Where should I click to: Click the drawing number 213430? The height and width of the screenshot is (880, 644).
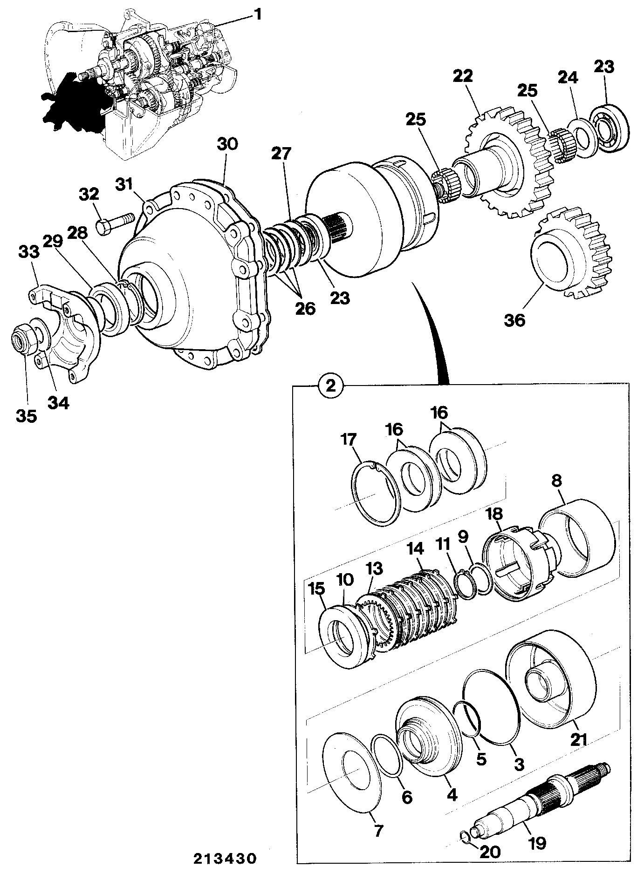(225, 858)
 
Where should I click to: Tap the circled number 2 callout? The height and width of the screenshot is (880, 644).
(330, 386)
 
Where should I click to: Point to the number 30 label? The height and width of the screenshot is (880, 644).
(227, 144)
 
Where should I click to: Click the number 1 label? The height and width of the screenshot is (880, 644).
(257, 14)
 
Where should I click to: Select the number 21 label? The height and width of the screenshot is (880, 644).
(579, 738)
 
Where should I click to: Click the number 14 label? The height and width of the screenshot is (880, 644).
(416, 549)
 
